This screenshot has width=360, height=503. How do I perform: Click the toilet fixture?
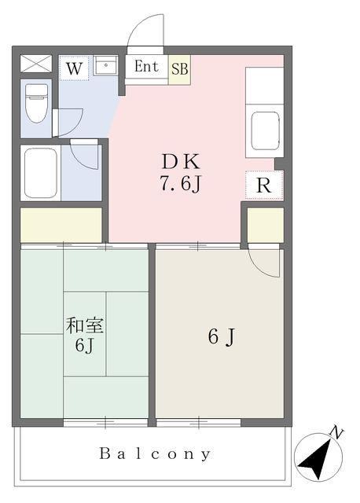36,103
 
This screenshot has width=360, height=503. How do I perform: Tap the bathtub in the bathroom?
40,173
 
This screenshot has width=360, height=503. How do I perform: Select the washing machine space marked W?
74,68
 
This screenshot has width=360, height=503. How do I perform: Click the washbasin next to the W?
105,66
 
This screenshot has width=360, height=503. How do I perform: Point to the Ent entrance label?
146,66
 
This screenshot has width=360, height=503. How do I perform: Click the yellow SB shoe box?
180,70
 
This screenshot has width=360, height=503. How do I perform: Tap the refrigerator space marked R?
264,185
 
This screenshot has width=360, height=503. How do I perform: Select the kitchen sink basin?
265,131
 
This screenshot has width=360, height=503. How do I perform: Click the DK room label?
181,162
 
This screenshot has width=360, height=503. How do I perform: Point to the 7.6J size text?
181,184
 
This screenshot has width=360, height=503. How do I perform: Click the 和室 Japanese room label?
85,325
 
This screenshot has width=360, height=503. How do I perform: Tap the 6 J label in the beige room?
222,337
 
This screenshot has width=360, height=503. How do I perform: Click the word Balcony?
155,454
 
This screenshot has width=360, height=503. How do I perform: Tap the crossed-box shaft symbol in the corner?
36,64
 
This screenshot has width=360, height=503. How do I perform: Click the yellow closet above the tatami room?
61,225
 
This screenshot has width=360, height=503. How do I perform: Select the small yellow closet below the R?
266,225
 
